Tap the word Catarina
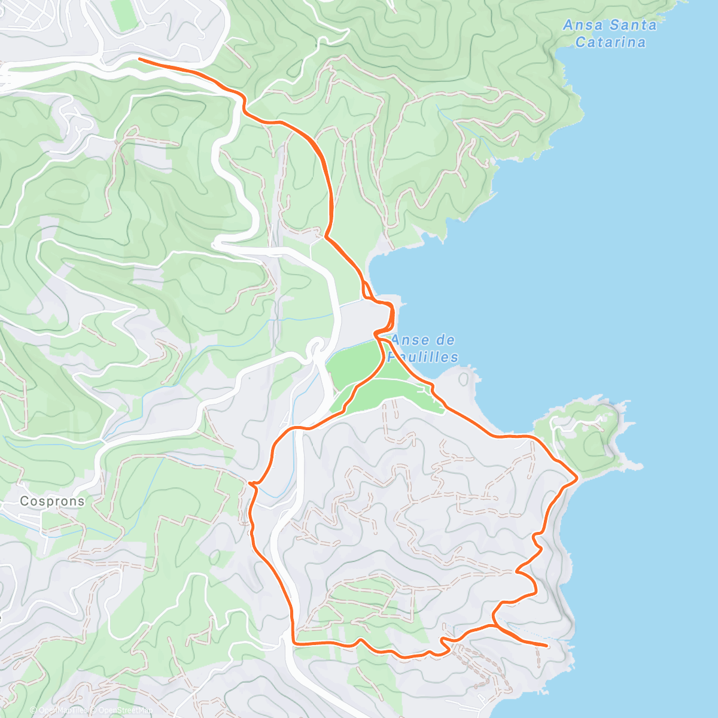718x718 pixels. [x=610, y=42]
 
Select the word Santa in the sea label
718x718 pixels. [x=633, y=25]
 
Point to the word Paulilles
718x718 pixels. [x=423, y=357]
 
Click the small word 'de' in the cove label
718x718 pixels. [x=446, y=340]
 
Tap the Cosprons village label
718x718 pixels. [x=52, y=501]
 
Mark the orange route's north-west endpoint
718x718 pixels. [x=139, y=59]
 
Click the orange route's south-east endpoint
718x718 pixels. [x=546, y=646]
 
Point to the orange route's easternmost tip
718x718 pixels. [x=577, y=477]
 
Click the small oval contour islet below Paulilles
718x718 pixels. [x=464, y=378]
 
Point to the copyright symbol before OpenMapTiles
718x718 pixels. [x=34, y=710]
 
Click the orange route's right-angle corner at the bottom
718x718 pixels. [x=294, y=643]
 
